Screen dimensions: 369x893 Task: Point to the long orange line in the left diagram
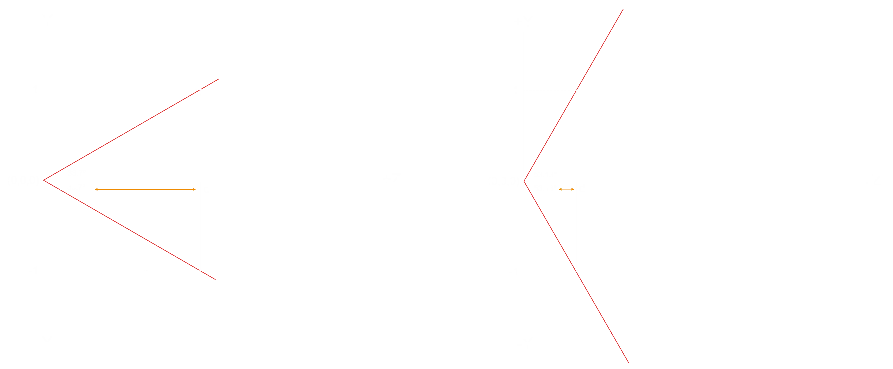tap(146, 189)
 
